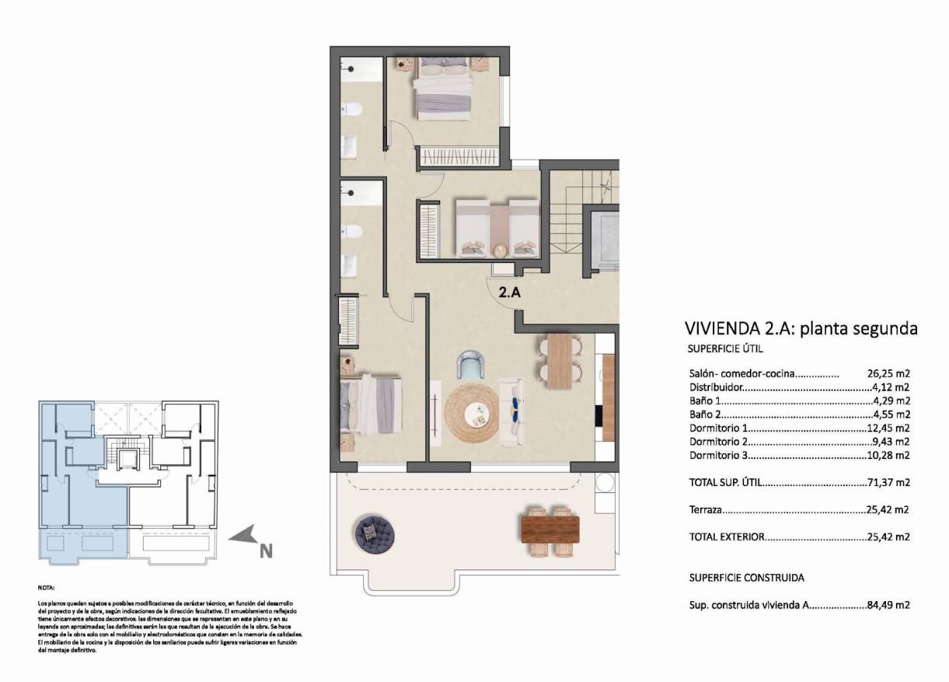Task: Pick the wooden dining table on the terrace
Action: coord(550,530)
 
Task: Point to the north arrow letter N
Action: coord(266,551)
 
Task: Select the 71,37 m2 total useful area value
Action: coord(888,482)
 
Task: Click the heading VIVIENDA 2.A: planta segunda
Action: coord(801,328)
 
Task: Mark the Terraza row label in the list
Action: coord(706,510)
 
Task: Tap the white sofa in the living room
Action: coord(511,412)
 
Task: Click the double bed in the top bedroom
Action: coord(444,89)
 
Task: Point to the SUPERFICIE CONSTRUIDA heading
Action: coord(746,578)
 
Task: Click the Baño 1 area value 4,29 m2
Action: coord(891,400)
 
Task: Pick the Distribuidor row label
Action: coord(717,386)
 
